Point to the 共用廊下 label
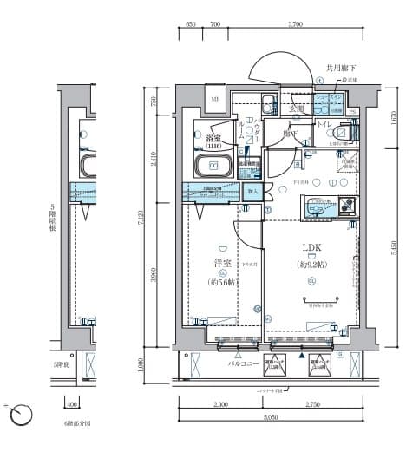click(341, 67)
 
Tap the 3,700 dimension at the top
click(295, 25)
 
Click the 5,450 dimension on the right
click(394, 249)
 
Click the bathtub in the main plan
click(213, 167)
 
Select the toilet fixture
click(344, 134)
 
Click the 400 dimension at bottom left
click(72, 404)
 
